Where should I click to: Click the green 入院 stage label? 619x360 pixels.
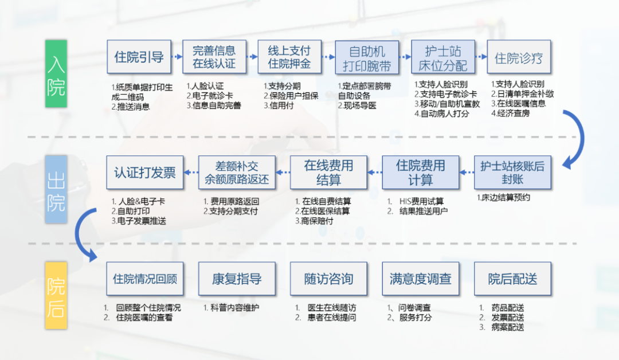56,73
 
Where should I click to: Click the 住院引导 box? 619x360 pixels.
139,57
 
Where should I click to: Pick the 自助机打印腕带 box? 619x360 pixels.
366,57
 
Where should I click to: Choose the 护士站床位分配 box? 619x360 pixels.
442,57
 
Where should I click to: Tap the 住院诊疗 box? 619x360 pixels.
519,57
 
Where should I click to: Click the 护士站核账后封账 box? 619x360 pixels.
512,173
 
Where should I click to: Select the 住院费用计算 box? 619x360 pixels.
420,173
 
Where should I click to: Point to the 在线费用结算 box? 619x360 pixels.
328,173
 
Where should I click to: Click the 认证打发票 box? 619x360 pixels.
145,173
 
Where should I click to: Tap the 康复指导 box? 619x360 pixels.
237,279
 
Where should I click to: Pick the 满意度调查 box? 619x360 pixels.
420,279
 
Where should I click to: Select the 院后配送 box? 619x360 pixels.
512,279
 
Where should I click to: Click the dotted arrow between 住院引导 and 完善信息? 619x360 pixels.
177,57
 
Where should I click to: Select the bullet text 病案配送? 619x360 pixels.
507,327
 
